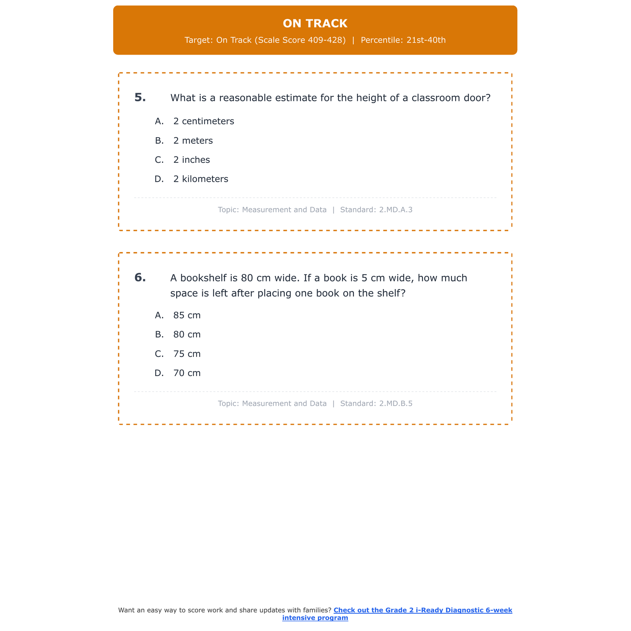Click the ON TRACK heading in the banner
click(x=315, y=24)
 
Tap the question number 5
click(x=140, y=98)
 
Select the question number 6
click(x=140, y=278)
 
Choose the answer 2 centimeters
click(x=204, y=121)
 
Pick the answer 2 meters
click(x=193, y=141)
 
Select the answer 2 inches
click(x=191, y=160)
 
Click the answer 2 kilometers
click(x=201, y=179)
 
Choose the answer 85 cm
click(x=187, y=315)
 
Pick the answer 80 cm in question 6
click(x=187, y=335)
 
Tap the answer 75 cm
click(x=187, y=354)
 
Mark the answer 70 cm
click(x=187, y=374)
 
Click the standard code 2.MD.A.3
click(x=395, y=209)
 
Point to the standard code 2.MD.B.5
click(x=395, y=403)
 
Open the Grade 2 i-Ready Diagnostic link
click(x=422, y=610)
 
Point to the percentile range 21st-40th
click(x=426, y=40)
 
